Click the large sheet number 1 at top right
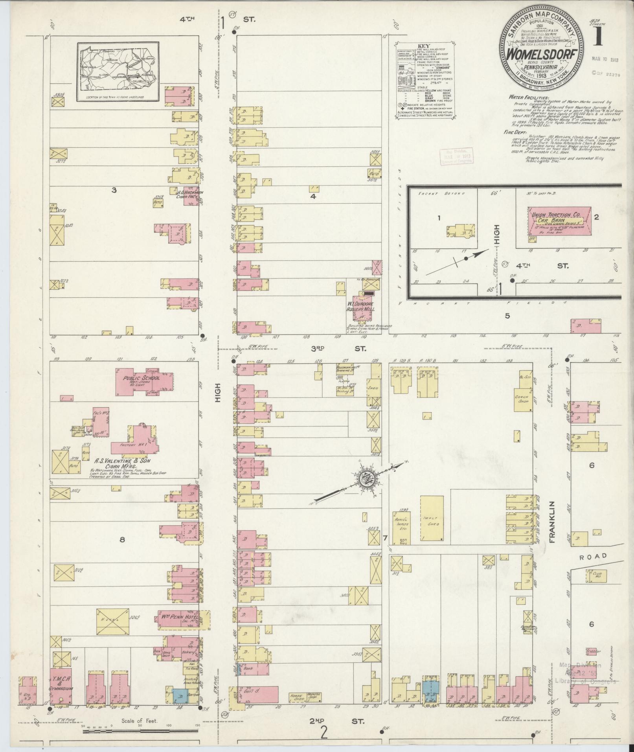(599, 37)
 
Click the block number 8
(122, 540)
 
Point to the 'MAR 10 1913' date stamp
(605, 60)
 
